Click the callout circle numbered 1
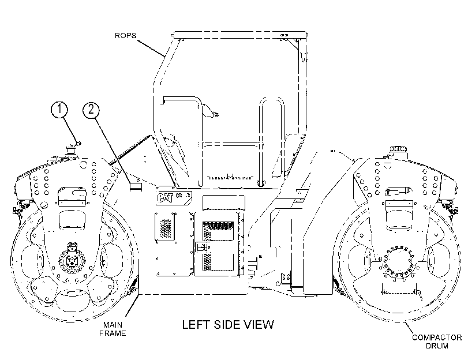pos(59,109)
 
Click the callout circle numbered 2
pos(91,110)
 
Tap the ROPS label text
pos(125,36)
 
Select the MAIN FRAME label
pos(113,329)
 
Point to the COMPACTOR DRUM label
pos(437,342)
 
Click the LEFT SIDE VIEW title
pos(228,324)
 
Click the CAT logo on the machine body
pos(166,198)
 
